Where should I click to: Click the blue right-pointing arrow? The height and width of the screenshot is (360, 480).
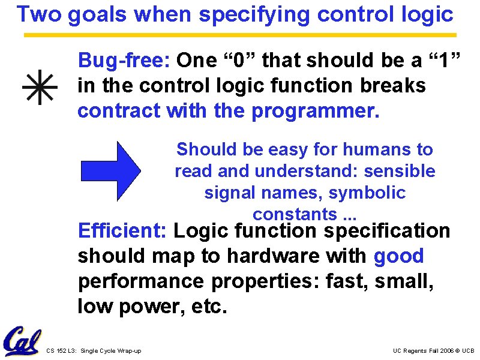(111, 171)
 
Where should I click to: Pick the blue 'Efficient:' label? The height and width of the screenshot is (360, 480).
(122, 231)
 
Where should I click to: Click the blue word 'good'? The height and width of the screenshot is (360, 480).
(398, 256)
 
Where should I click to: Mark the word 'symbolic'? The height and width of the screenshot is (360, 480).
(367, 193)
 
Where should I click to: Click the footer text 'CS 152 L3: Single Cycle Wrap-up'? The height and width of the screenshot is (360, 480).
(94, 350)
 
